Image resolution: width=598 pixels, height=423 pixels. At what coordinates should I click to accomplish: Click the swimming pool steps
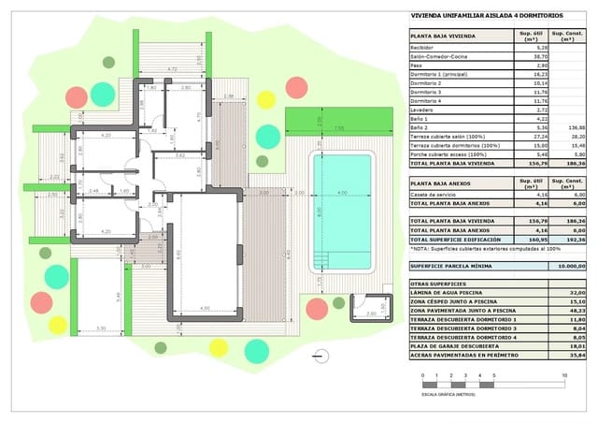pyautogui.click(x=324, y=260)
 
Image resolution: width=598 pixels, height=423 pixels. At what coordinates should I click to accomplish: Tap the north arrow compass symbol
pyautogui.click(x=322, y=356)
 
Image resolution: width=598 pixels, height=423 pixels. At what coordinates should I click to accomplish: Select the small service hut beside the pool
pyautogui.click(x=370, y=308)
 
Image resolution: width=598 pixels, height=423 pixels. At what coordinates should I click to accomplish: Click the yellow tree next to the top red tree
pyautogui.click(x=266, y=99)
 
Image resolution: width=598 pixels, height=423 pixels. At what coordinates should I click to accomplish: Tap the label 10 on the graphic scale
pyautogui.click(x=564, y=375)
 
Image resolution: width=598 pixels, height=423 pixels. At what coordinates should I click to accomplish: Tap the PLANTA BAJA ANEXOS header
pyautogui.click(x=441, y=183)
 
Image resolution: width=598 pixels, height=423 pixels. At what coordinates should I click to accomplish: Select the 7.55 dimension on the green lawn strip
pyautogui.click(x=338, y=128)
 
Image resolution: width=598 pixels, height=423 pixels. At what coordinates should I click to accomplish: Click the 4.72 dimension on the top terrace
pyautogui.click(x=172, y=69)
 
